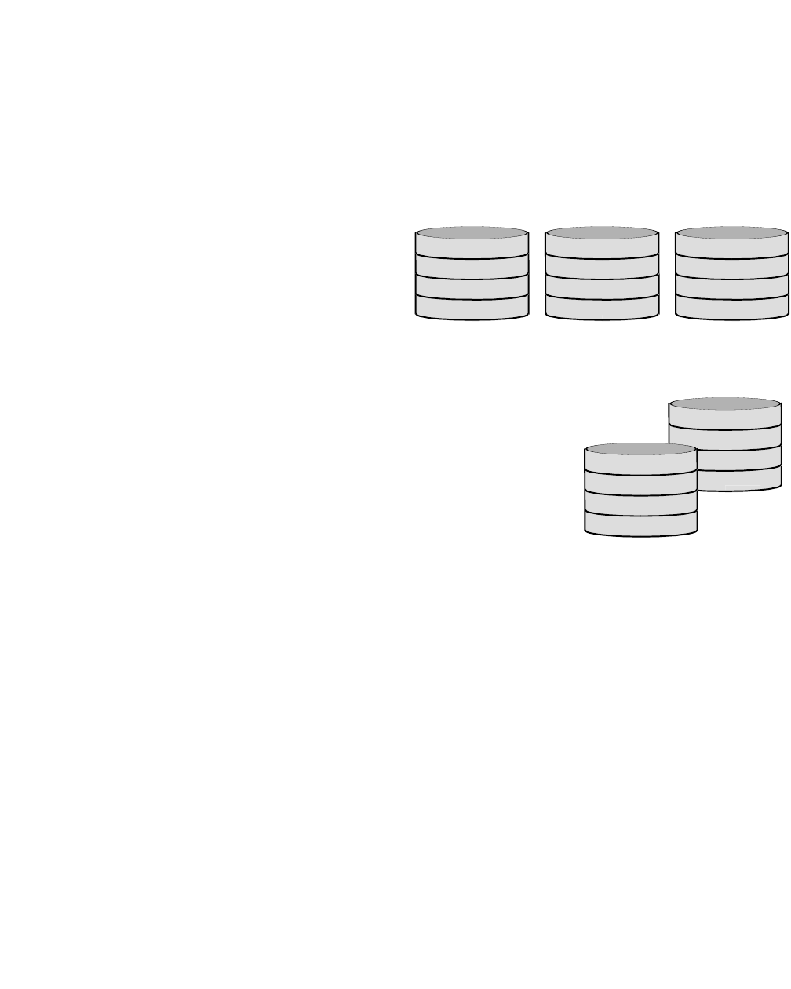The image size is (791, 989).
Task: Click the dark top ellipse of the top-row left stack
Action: pos(472,233)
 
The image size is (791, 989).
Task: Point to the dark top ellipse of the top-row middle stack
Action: pos(602,233)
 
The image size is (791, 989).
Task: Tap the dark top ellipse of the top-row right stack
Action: pos(732,233)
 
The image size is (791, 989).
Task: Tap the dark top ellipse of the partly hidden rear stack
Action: pos(725,404)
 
